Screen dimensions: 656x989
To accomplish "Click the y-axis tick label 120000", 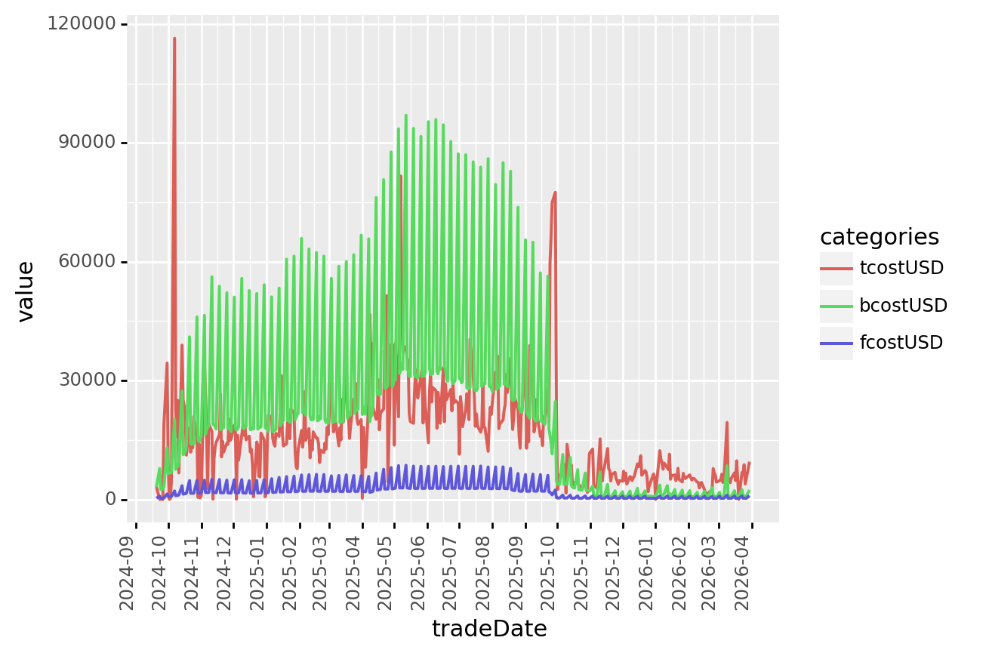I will (82, 24).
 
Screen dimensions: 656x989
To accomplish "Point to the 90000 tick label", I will (86, 143).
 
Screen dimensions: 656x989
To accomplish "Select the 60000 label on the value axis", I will (86, 262).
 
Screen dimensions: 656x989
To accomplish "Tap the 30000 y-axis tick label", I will (86, 380).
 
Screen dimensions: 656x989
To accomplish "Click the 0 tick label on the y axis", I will (112, 500).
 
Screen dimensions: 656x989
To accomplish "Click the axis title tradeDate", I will (489, 629).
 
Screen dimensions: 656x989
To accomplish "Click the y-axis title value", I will (26, 291).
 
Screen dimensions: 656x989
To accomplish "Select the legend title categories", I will (880, 237).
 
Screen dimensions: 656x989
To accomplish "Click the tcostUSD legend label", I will (901, 268).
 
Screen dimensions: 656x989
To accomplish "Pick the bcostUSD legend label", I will (903, 306).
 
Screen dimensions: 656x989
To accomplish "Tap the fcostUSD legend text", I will (901, 343).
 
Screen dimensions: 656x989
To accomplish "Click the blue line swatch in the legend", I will (836, 343).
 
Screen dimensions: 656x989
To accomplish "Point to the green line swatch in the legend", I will (836, 306).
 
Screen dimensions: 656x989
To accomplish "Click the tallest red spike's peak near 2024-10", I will (174, 38).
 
